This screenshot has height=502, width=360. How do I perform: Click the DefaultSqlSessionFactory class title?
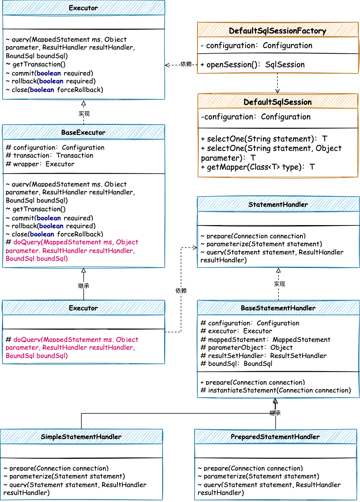point(277,31)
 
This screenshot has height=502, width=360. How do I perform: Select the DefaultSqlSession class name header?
point(277,102)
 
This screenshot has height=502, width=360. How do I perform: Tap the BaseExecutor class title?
point(83,132)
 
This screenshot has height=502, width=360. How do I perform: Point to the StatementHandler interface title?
point(278,204)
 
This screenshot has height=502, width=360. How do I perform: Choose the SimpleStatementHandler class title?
point(81,437)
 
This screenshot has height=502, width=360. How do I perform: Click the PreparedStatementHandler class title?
point(275,437)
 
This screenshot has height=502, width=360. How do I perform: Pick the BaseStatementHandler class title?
point(278,308)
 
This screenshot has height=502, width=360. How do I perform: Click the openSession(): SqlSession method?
point(252,65)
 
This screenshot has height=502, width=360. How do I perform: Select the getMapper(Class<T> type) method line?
point(258,167)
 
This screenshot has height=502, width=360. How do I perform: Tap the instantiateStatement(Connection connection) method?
point(276,390)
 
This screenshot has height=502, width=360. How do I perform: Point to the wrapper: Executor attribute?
point(40,164)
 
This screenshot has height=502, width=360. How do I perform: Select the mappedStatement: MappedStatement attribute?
point(265,340)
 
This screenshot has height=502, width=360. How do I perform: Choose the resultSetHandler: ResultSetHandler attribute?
point(264,356)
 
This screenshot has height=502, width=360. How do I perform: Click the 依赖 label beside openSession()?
point(186,64)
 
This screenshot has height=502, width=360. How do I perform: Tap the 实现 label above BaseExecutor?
point(84,113)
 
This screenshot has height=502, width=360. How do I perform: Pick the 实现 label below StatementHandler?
point(279,284)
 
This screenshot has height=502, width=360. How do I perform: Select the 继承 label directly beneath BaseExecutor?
point(84,286)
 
